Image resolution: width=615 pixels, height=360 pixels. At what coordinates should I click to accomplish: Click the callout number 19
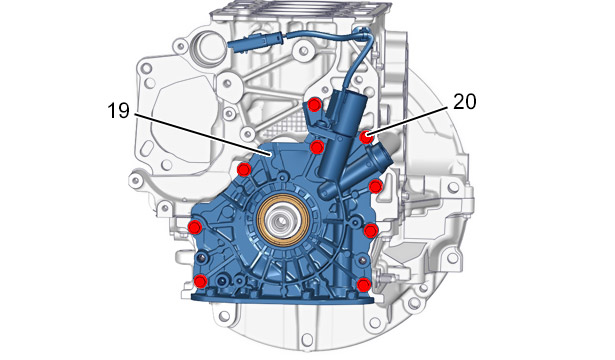tap(118, 110)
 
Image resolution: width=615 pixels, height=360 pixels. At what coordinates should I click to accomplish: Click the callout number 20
tap(465, 102)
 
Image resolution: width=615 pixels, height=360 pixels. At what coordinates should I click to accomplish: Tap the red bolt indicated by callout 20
tap(366, 137)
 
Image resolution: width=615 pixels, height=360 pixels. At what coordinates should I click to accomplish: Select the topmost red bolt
tap(315, 105)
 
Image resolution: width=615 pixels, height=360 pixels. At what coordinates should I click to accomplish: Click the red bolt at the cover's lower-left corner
tap(200, 281)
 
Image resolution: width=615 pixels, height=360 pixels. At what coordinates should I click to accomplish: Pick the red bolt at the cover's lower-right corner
tap(364, 284)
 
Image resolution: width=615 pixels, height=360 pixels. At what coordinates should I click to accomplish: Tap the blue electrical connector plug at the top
tap(254, 41)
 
